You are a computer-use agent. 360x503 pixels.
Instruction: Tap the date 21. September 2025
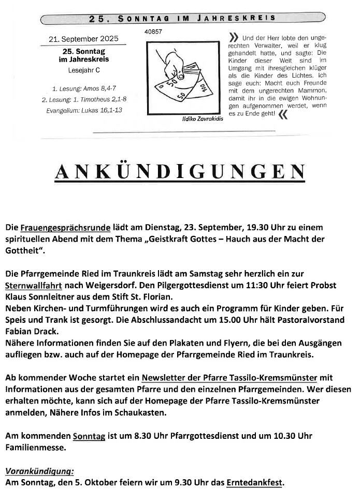click(83, 39)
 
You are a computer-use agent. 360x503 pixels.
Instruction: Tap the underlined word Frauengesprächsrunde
click(65, 227)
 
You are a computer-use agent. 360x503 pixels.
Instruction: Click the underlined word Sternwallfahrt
click(34, 285)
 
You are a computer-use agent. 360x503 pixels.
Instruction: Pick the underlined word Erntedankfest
click(254, 483)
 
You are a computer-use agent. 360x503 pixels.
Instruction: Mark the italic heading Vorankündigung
click(39, 471)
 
